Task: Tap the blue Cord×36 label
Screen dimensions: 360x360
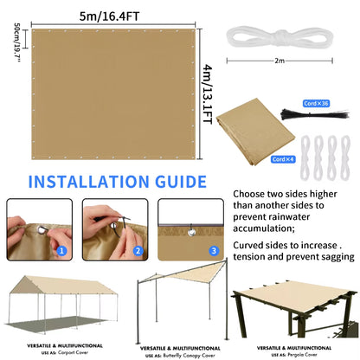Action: point(318,104)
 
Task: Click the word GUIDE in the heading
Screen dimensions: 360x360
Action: point(177,183)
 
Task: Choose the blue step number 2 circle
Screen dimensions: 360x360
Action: point(137,251)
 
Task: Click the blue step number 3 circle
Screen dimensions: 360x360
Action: point(215,251)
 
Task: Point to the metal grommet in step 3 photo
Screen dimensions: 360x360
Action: point(189,231)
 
